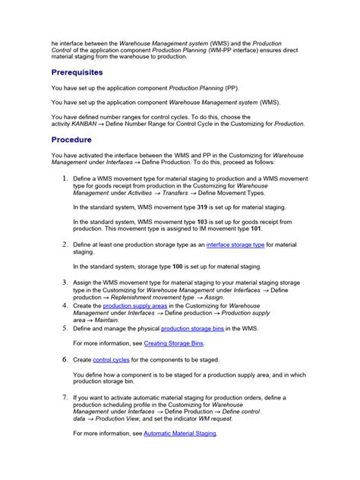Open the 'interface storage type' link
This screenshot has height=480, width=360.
tap(236, 245)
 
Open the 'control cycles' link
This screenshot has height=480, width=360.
tap(111, 359)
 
